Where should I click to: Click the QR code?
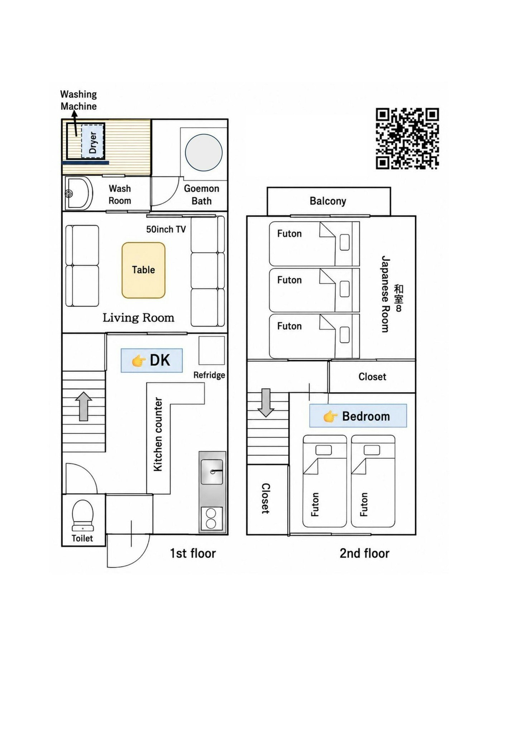tap(407, 138)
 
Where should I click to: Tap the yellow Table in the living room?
tap(143, 270)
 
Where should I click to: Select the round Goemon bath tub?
tap(203, 152)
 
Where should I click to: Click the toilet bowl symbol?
tap(83, 515)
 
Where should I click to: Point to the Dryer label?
tap(93, 142)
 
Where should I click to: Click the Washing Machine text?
tap(78, 100)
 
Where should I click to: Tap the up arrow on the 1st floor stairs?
tap(83, 406)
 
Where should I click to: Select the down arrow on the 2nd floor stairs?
tap(266, 402)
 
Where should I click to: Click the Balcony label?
tap(328, 201)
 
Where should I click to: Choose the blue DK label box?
tap(152, 360)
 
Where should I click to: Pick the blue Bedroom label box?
tap(358, 416)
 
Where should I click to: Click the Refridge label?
tap(209, 375)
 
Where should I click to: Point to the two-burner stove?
tap(211, 519)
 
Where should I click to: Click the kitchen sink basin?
tap(212, 472)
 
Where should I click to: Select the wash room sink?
tap(79, 194)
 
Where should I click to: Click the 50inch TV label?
tap(166, 229)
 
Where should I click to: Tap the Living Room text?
tap(138, 318)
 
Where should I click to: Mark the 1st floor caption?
tap(193, 553)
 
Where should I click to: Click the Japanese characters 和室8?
tap(398, 298)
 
